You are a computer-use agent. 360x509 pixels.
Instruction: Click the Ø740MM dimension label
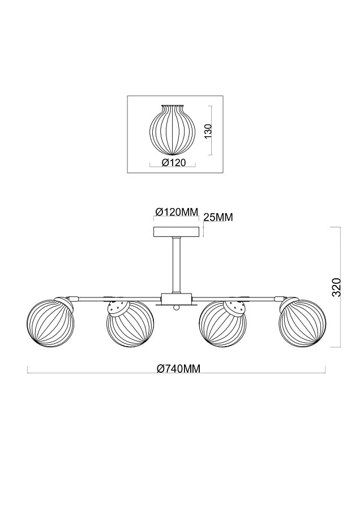click(x=178, y=369)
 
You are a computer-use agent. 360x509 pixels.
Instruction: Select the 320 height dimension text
click(x=336, y=287)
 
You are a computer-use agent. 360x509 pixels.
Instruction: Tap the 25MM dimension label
click(x=217, y=217)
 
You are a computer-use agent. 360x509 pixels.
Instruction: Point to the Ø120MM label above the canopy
click(x=177, y=212)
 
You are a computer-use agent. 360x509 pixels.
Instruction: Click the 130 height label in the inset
click(x=207, y=131)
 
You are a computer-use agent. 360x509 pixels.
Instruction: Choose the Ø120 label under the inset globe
click(x=174, y=163)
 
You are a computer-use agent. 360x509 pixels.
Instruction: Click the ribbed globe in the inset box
click(x=172, y=131)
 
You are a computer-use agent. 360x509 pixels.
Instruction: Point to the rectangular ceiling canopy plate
click(x=177, y=232)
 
